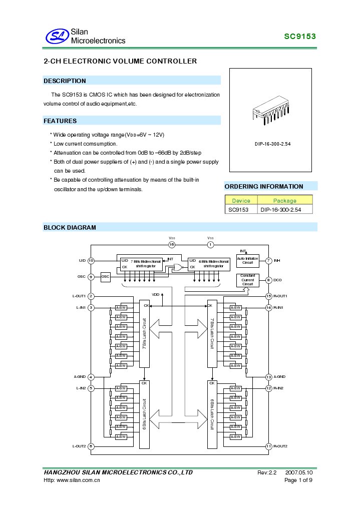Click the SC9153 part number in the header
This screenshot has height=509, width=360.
pyautogui.click(x=300, y=37)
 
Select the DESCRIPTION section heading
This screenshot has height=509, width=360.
pyautogui.click(x=65, y=81)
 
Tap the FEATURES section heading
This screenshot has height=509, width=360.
pyautogui.click(x=60, y=121)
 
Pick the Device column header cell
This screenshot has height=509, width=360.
pyautogui.click(x=241, y=200)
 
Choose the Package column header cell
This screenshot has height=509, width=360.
pyautogui.click(x=284, y=200)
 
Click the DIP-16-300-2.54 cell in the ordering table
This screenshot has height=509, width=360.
pyautogui.click(x=281, y=210)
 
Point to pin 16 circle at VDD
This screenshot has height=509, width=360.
pyautogui.click(x=172, y=245)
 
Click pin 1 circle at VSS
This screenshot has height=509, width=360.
pyautogui.click(x=210, y=245)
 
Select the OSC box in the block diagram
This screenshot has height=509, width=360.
pyautogui.click(x=105, y=277)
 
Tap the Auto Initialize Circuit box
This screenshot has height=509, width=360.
pyautogui.click(x=247, y=260)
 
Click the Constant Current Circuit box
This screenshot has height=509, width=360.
pyautogui.click(x=247, y=280)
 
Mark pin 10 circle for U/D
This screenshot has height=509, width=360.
pyautogui.click(x=91, y=261)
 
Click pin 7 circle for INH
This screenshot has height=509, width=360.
pyautogui.click(x=269, y=261)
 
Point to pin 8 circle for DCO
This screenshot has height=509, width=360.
pyautogui.click(x=269, y=280)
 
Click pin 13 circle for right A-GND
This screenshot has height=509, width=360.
pyautogui.click(x=269, y=377)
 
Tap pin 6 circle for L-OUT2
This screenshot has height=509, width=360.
pyautogui.click(x=91, y=446)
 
